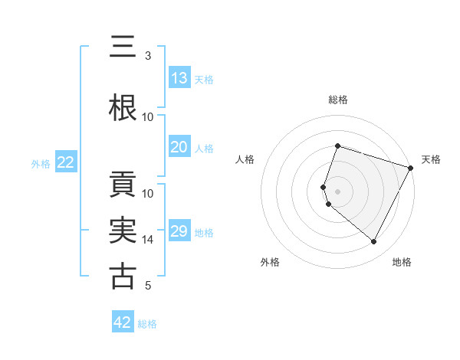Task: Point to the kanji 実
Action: (x=123, y=231)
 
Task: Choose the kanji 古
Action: (x=123, y=277)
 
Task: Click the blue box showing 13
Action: (x=179, y=78)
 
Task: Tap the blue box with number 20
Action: (x=179, y=148)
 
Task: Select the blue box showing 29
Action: (x=179, y=232)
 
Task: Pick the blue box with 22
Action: (x=66, y=162)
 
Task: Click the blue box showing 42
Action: (x=123, y=322)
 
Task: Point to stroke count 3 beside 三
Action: (x=148, y=56)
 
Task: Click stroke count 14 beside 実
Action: (x=148, y=240)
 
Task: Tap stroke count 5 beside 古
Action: (x=148, y=286)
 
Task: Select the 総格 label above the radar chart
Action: (x=338, y=100)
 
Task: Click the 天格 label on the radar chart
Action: (x=431, y=159)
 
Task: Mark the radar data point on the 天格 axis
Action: (x=410, y=168)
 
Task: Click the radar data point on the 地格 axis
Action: (x=374, y=242)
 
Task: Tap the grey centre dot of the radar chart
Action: (x=338, y=191)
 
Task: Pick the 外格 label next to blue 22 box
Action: (x=41, y=163)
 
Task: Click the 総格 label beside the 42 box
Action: (x=147, y=324)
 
